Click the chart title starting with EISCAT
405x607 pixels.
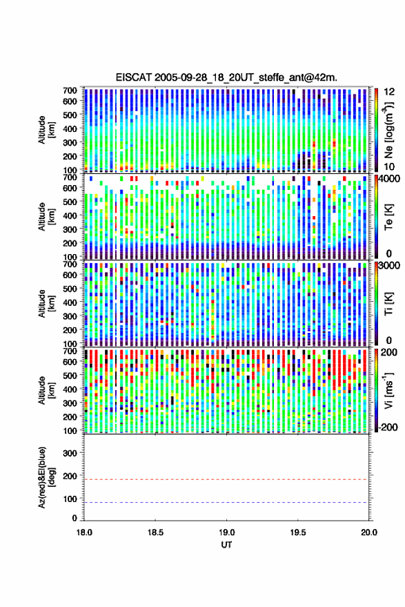226,77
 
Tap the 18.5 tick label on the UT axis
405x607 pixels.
155,532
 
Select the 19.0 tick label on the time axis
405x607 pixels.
226,532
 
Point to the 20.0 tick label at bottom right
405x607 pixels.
369,532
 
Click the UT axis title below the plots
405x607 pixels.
226,545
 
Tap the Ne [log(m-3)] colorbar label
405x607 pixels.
388,130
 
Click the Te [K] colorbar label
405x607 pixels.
388,217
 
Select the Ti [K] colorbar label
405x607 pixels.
388,304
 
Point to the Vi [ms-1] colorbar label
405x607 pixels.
388,390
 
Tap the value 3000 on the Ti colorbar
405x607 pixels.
389,266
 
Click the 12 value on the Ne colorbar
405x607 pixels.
389,92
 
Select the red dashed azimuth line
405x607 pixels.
226,479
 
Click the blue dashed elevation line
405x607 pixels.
226,502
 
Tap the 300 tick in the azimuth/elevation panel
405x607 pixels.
70,453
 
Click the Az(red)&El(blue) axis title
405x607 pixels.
46,477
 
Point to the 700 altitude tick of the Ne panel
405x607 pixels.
70,90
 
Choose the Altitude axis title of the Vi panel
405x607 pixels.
46,390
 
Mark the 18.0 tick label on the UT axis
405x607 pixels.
84,532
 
